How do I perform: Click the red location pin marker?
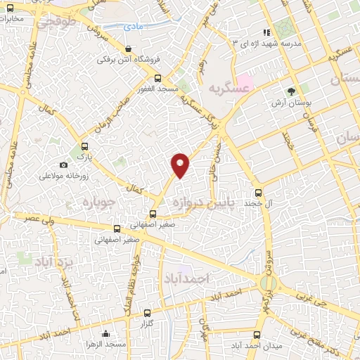(181, 166)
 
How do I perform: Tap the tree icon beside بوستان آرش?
(290, 91)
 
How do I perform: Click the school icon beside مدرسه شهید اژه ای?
(266, 32)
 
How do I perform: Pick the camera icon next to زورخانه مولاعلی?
(64, 165)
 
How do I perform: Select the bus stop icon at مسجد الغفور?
(157, 78)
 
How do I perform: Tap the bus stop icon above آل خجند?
(258, 191)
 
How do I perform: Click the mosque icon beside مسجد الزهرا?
(105, 333)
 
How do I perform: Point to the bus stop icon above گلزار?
(147, 313)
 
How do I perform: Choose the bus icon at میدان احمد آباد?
(257, 334)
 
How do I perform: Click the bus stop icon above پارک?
(86, 147)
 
